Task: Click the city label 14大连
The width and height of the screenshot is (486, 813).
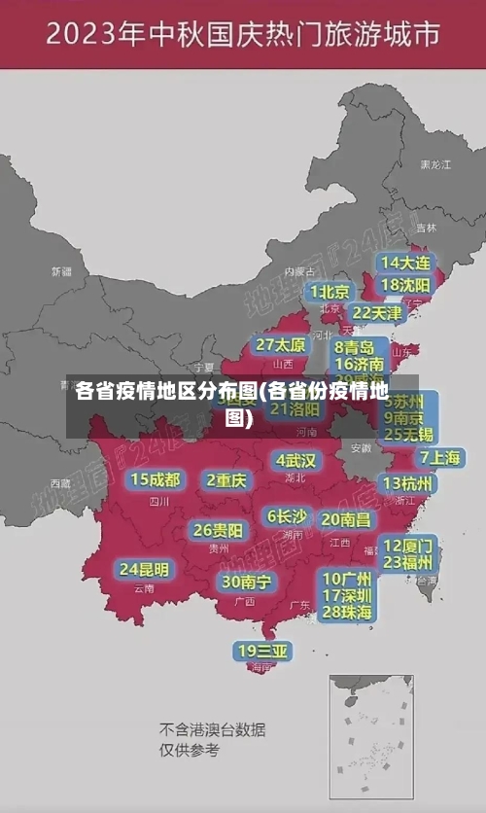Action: (x=405, y=263)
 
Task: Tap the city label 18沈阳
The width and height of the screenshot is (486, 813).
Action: (x=405, y=285)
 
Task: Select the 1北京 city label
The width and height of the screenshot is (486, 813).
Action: (x=330, y=291)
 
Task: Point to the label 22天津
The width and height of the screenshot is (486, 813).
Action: (x=377, y=313)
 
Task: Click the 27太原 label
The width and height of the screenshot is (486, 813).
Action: (x=281, y=345)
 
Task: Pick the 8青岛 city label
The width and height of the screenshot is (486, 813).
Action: (x=355, y=346)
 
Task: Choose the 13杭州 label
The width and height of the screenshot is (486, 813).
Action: (x=408, y=483)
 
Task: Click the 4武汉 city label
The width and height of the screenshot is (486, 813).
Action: (x=295, y=460)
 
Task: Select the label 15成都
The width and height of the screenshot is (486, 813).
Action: (x=156, y=479)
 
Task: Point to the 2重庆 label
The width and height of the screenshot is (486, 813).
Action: (x=226, y=479)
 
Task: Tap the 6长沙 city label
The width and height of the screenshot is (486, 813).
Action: (x=288, y=516)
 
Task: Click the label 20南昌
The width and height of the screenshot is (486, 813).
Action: (x=346, y=520)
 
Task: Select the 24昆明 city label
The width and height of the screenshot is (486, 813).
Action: (x=144, y=569)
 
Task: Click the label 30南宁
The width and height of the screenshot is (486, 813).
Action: (x=247, y=582)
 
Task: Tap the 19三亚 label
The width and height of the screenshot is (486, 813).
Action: (x=262, y=651)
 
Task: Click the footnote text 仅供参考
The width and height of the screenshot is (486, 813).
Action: (x=190, y=751)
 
